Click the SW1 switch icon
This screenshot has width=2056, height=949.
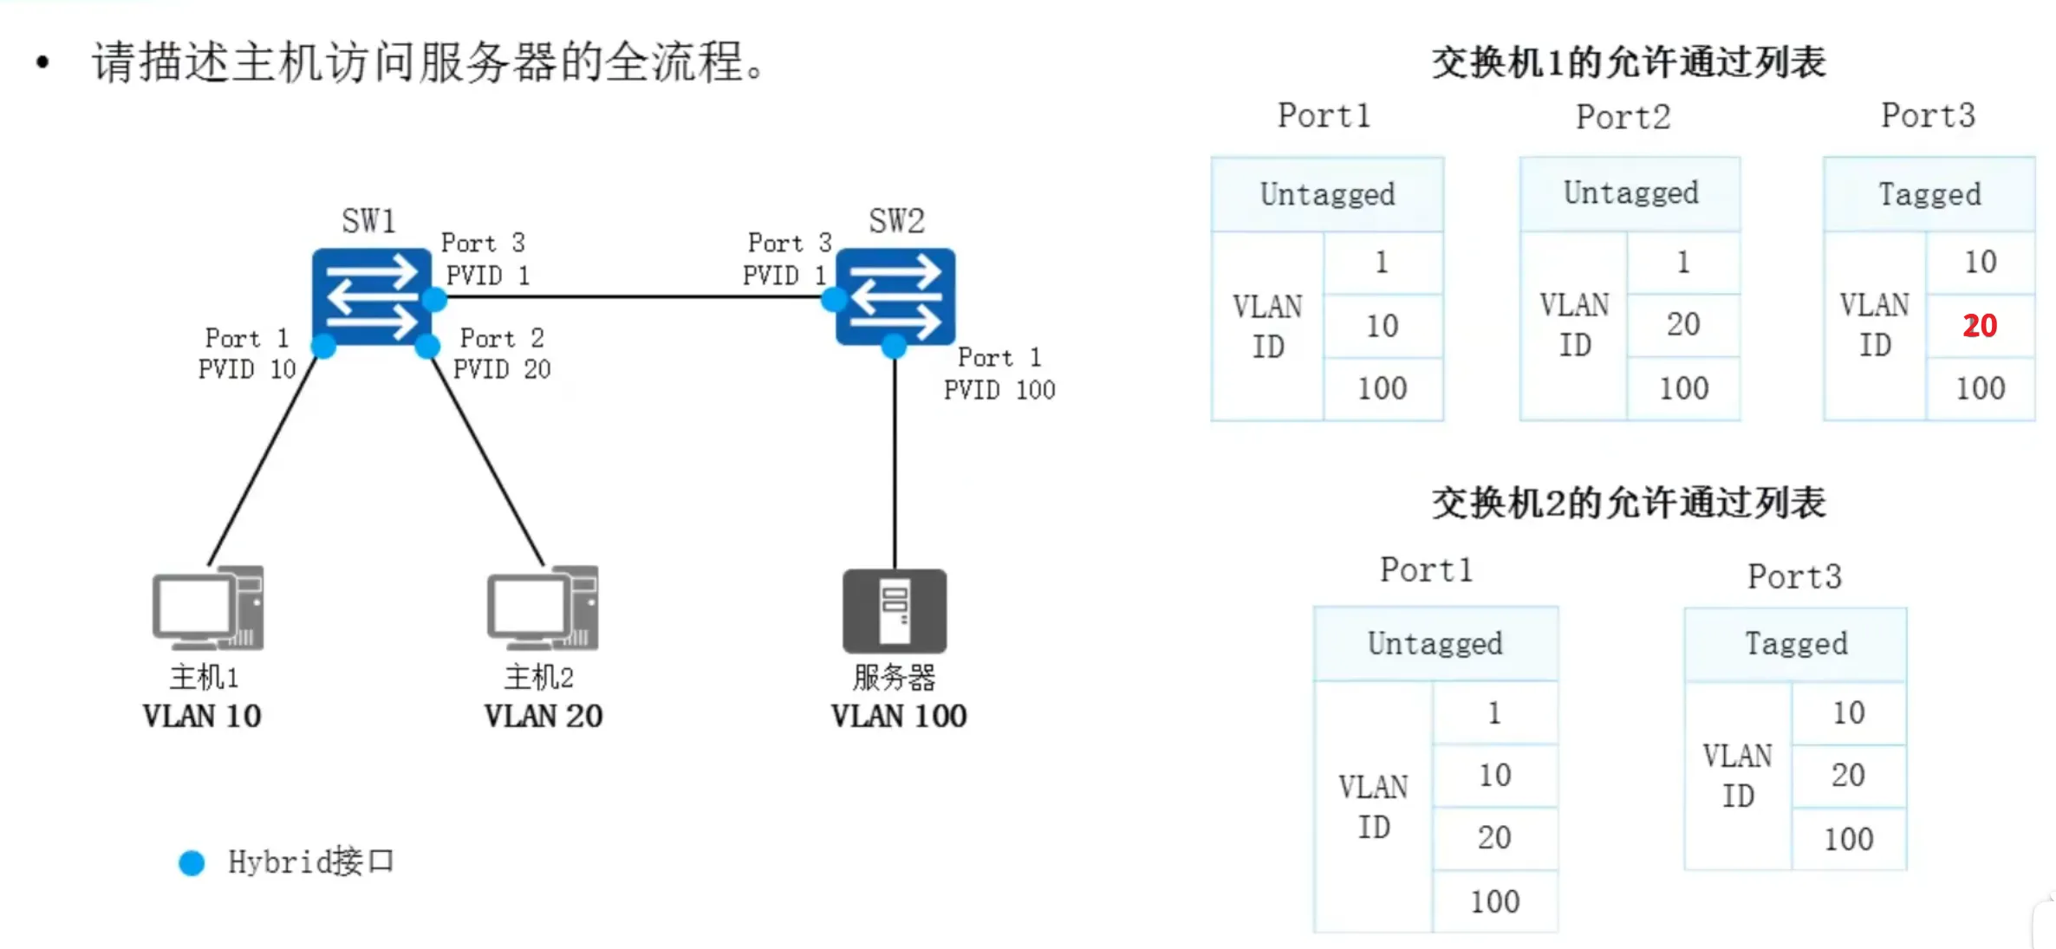coord(371,296)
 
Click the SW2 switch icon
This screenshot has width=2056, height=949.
coord(895,296)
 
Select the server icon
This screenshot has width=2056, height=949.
coord(895,611)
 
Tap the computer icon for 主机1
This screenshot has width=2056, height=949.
coord(208,608)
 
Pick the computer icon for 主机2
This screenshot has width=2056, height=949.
coord(543,608)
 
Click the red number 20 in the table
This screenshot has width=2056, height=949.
coord(1980,326)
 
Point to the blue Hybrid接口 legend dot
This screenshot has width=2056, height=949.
coord(192,862)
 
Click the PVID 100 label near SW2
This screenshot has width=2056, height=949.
coord(999,390)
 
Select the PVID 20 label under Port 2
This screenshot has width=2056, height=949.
coord(502,369)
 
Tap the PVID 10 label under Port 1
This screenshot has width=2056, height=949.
coord(247,369)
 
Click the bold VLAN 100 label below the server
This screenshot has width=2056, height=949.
coord(899,716)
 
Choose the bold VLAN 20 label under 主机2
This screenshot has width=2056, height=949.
coord(543,716)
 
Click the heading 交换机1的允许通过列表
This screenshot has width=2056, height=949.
coord(1629,62)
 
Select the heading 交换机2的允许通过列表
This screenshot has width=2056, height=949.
coord(1629,503)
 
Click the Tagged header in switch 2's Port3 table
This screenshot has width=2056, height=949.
coord(1796,644)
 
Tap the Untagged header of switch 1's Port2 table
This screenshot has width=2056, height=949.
coord(1630,193)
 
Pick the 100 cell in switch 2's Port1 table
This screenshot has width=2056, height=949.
coord(1494,901)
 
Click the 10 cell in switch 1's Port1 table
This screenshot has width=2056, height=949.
coord(1383,326)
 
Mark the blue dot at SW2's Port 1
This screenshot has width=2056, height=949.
coord(894,348)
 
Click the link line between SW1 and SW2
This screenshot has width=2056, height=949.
coord(633,296)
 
